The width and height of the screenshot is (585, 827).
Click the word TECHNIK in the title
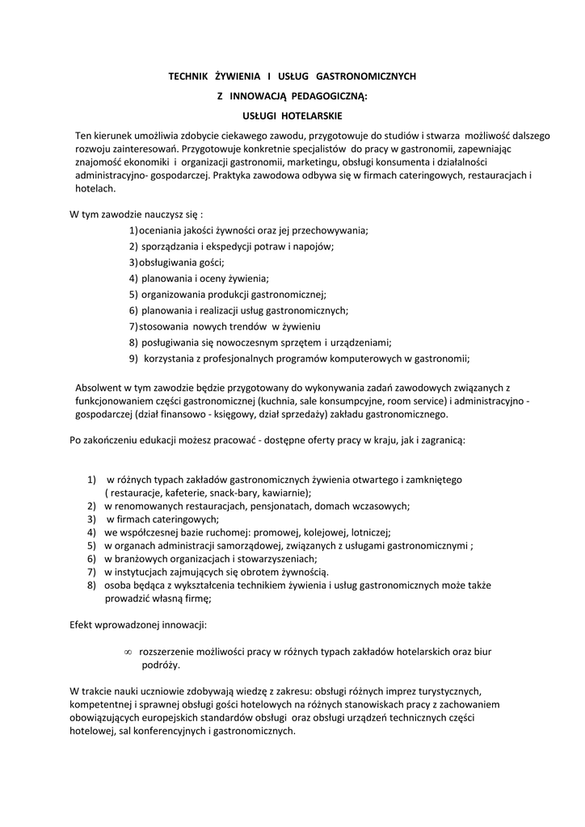(187, 77)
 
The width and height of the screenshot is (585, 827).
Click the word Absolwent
(100, 387)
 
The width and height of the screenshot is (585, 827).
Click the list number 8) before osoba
(93, 585)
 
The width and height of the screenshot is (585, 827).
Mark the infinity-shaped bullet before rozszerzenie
(128, 651)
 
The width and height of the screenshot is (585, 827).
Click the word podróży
(162, 665)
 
